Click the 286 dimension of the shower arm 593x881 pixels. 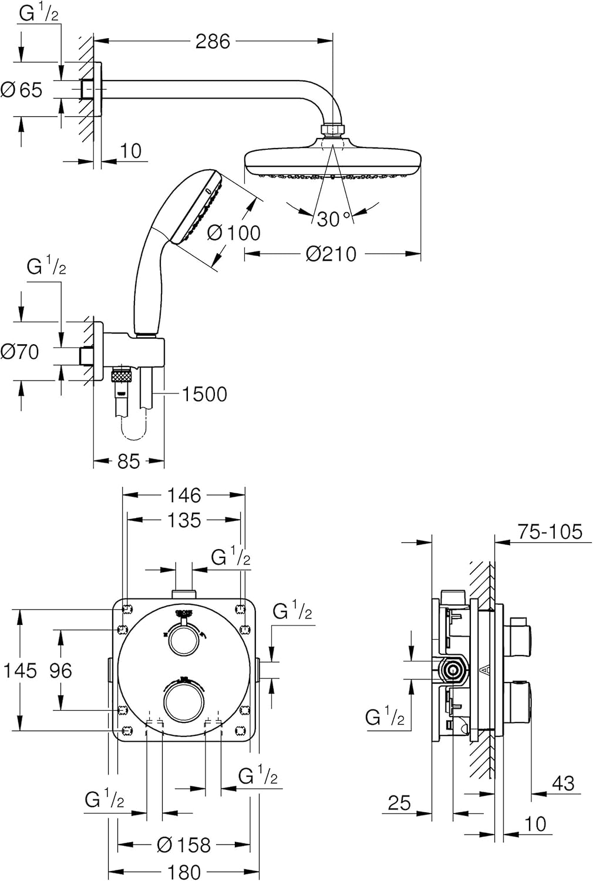pos(213,41)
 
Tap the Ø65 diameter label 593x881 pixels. pos(22,90)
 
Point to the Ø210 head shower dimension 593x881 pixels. pos(331,254)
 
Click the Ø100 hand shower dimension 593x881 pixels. pos(234,233)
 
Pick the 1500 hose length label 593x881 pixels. pos(204,394)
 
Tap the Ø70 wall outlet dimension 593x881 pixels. pos(20,352)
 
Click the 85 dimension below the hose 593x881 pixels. pos(129,462)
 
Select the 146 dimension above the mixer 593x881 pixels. pos(184,495)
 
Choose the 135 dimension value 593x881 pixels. pos(184,520)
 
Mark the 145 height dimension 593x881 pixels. pos(20,670)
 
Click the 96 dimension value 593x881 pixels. pos(60,670)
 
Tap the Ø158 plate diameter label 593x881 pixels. pos(184,845)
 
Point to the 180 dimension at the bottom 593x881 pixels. pos(184,872)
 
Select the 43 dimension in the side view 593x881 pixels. pos(562,783)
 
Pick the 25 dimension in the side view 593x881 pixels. pos(399,803)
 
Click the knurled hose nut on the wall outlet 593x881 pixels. pos(122,375)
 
